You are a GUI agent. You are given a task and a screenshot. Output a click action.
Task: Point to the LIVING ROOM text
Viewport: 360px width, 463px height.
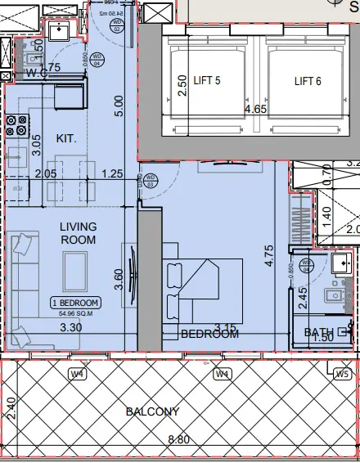pyautogui.click(x=78, y=233)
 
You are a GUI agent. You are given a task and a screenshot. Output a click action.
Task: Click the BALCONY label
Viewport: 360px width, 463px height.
pyautogui.click(x=152, y=411)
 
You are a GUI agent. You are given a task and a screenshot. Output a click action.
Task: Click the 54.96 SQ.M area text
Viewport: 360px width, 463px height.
pyautogui.click(x=76, y=312)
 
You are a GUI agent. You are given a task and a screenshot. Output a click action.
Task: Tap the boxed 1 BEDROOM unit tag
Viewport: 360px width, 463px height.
pyautogui.click(x=75, y=302)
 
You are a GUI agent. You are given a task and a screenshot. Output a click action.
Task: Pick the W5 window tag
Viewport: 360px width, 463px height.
pyautogui.click(x=342, y=374)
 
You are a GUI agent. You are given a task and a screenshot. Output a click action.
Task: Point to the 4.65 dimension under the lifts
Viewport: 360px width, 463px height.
pyautogui.click(x=257, y=108)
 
